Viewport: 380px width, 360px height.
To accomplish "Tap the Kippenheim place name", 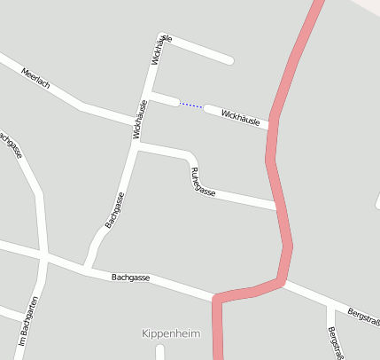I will click(x=171, y=333).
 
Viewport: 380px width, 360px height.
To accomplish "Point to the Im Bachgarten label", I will click(x=27, y=320).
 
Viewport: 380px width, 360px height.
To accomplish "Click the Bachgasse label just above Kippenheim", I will click(x=130, y=278).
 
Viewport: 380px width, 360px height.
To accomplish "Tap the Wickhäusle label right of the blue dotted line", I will click(x=240, y=117).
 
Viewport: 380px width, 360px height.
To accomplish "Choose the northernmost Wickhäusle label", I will click(x=162, y=50).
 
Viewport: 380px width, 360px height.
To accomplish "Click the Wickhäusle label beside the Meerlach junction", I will click(x=140, y=119).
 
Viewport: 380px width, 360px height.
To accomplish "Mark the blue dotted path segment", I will click(x=191, y=106).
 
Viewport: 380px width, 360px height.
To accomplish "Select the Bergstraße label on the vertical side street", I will click(x=335, y=341).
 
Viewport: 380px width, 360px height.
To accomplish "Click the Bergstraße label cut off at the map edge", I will click(x=363, y=316).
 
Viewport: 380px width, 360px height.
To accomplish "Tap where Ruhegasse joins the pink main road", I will click(x=277, y=207).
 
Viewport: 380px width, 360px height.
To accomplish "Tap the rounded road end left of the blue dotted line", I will click(x=153, y=94).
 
